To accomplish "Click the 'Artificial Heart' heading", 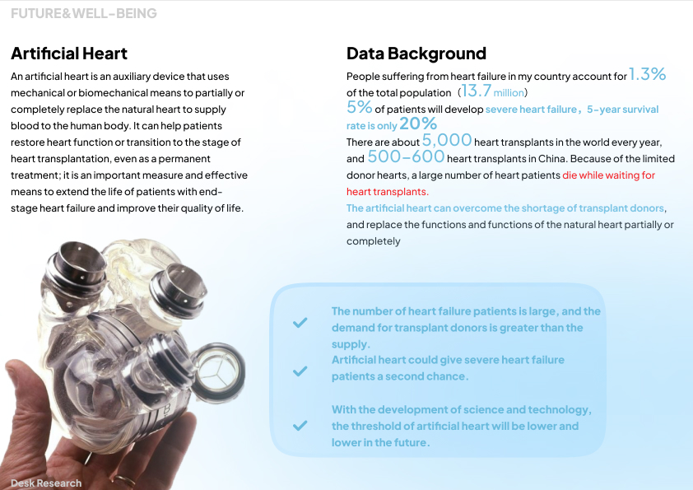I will click(69, 54).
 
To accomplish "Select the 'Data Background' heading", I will click(416, 54).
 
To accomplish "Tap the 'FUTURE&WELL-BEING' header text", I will click(83, 13).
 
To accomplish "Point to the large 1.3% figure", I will click(647, 75).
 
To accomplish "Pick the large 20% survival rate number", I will click(418, 124).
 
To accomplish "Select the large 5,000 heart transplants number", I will click(447, 141).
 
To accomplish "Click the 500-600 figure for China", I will click(406, 157).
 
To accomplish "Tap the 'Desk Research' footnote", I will click(46, 483).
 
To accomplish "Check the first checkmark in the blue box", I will click(300, 323).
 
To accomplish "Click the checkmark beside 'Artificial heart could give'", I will click(300, 371).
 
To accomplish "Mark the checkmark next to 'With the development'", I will click(300, 426).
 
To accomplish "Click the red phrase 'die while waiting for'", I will click(608, 175).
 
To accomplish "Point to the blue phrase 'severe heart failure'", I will click(531, 110).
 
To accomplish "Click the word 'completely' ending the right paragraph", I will click(373, 241).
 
